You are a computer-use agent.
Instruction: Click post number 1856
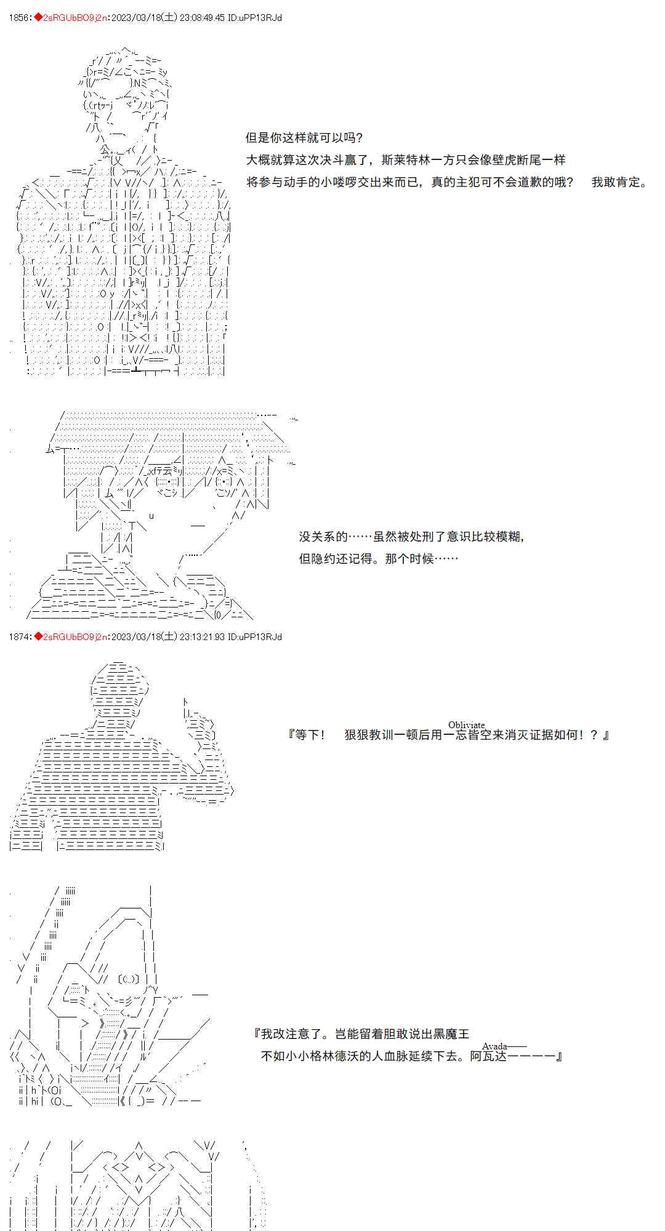click(19, 18)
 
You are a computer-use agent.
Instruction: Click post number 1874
click(19, 636)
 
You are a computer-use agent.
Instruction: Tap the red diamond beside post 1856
click(37, 18)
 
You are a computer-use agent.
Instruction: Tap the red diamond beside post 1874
click(37, 636)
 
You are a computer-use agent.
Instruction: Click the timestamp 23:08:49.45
click(202, 18)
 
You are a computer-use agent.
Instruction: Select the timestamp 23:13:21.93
click(202, 636)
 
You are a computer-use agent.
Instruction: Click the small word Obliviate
click(466, 724)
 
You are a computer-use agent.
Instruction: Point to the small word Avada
click(494, 1046)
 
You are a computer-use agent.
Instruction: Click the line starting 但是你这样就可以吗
click(304, 137)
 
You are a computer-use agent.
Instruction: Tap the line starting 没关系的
click(412, 536)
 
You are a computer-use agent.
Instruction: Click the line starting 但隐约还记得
click(379, 558)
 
